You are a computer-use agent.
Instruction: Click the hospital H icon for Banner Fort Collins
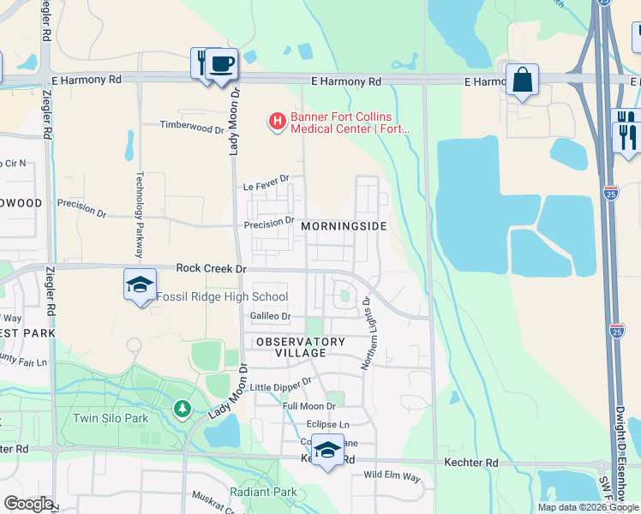click(277, 123)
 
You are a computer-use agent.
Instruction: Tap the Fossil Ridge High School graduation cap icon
click(140, 284)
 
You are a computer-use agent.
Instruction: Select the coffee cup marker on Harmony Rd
click(222, 63)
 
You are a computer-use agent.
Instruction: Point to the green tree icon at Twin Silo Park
click(182, 409)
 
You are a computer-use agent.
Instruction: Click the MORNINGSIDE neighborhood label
click(344, 226)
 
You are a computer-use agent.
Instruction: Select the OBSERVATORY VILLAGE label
click(301, 347)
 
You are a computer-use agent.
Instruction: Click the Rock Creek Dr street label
click(211, 268)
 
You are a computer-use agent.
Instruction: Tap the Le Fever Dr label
click(267, 182)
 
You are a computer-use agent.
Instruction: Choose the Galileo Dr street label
click(271, 316)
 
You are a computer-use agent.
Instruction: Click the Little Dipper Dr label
click(281, 385)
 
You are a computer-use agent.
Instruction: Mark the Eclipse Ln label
click(328, 425)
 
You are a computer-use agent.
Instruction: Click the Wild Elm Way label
click(392, 475)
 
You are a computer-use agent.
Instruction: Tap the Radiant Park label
click(263, 493)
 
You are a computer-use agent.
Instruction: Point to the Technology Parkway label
click(139, 215)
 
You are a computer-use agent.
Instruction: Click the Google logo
click(28, 504)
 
